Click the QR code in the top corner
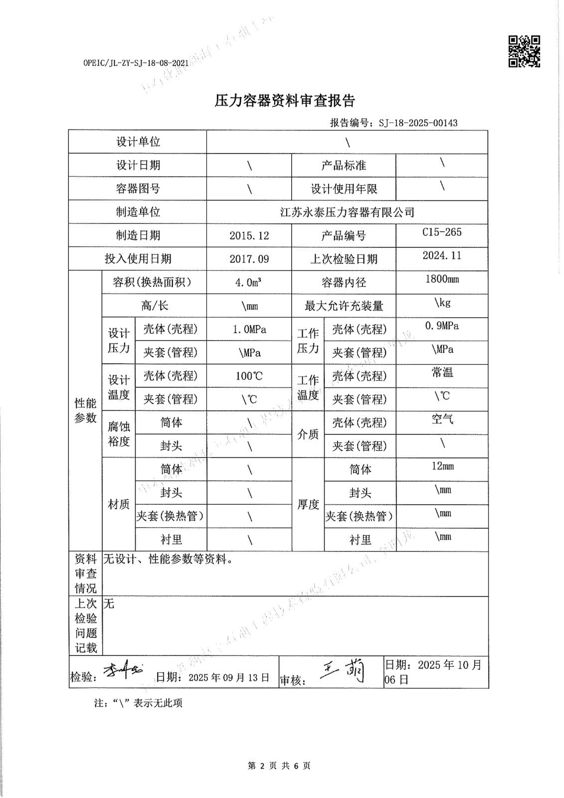(524, 51)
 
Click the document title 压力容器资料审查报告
(284, 101)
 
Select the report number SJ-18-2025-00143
(418, 123)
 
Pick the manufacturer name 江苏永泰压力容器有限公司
(347, 212)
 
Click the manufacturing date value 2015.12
(249, 235)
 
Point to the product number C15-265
(441, 232)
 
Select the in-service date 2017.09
(249, 259)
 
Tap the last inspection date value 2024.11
(441, 255)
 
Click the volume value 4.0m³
(249, 282)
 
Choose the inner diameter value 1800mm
(441, 279)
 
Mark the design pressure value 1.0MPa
(249, 329)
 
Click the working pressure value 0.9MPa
(441, 326)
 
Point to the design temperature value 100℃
(249, 376)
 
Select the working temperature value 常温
(442, 373)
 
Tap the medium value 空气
(442, 419)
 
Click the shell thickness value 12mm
(442, 466)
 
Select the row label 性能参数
(85, 410)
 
